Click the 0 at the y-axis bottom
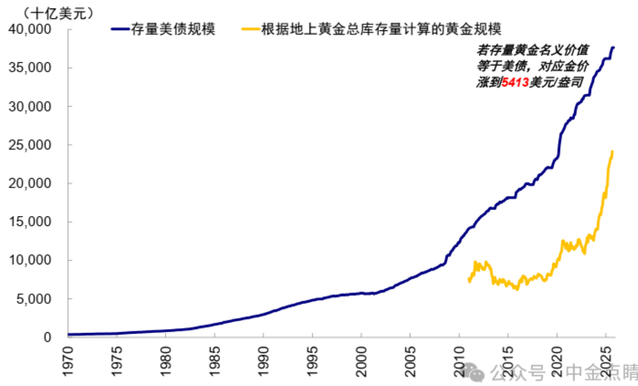[47, 337]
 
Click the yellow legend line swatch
[248, 29]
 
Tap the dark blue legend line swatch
[121, 29]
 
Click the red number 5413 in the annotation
[515, 82]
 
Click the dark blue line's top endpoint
[614, 47]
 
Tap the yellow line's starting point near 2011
[468, 281]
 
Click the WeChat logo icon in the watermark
[474, 372]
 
